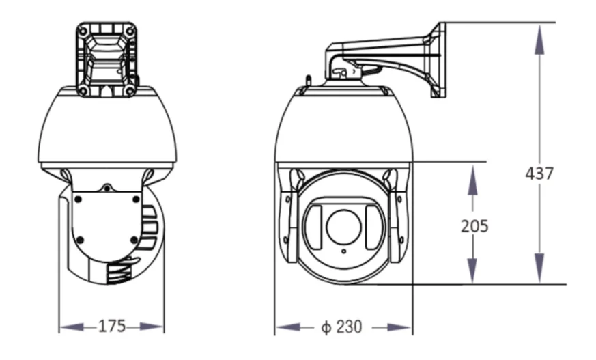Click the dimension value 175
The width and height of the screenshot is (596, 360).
pos(112,326)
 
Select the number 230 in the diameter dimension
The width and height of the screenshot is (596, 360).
pos(350,327)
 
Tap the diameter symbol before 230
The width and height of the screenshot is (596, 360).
pos(326,327)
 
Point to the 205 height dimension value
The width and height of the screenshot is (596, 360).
pos(474,226)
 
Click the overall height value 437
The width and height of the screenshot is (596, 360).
pos(539,174)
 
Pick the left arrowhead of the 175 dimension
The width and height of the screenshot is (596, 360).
pos(72,327)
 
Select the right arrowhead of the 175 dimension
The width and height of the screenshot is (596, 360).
pos(152,327)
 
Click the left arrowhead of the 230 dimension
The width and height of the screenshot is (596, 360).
pos(288,327)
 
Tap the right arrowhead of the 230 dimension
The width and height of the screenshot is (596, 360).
pos(399,327)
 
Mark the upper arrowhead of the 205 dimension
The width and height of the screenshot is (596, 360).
pos(472,179)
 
